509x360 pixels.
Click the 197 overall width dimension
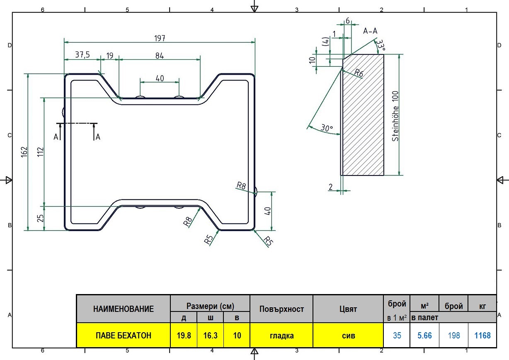point(160,38)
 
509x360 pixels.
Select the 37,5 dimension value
point(82,55)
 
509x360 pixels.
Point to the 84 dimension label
point(160,56)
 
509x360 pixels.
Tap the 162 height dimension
point(24,152)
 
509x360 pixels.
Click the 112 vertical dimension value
point(40,152)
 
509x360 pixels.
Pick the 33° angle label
point(381,45)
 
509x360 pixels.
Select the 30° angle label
point(327,128)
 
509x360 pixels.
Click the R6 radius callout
point(359,73)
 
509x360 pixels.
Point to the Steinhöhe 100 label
point(395,116)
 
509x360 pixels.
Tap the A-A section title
point(370,31)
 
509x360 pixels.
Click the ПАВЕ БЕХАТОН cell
point(124,336)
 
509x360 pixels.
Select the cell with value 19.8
point(184,336)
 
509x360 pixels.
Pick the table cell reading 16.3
point(211,336)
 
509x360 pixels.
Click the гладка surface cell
point(281,336)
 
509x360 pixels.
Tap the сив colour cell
point(348,336)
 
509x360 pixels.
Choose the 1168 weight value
point(482,336)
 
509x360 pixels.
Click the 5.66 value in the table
point(424,336)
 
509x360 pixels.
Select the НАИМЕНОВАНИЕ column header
point(124,309)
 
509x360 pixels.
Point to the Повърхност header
point(281,309)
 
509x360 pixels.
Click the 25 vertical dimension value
point(40,218)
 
